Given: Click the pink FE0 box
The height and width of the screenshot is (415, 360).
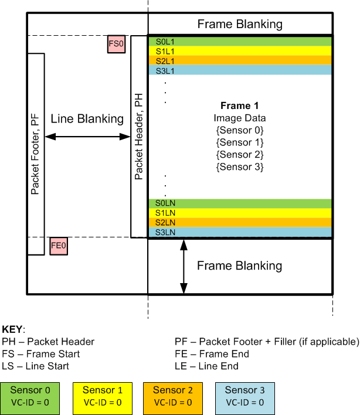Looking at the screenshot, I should (59, 246).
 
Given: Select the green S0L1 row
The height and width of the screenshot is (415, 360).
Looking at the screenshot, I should (240, 42).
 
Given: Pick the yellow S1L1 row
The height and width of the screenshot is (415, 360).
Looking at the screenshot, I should (240, 51).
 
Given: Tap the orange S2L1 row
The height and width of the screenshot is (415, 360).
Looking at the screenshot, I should (240, 60).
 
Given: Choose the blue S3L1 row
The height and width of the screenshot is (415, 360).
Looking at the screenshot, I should (240, 70).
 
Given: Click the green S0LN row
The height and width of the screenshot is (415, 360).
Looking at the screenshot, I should (240, 203).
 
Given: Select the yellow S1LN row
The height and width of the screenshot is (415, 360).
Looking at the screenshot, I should (240, 213).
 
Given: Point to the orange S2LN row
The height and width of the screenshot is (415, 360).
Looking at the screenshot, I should (240, 223).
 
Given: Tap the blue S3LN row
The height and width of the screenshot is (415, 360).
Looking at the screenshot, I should (240, 232).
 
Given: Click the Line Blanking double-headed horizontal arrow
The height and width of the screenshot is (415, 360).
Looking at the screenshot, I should (87, 137).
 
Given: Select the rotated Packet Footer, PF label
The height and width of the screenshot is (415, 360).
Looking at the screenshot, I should (35, 154).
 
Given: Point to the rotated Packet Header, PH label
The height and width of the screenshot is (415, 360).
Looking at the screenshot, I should (139, 137).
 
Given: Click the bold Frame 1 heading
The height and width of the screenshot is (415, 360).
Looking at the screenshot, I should (239, 106).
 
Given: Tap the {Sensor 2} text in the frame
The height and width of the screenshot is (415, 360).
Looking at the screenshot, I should (239, 154).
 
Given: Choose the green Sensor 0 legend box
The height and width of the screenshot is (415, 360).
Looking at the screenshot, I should (35, 396).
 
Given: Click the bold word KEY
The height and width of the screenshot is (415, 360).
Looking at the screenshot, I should (13, 329).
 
